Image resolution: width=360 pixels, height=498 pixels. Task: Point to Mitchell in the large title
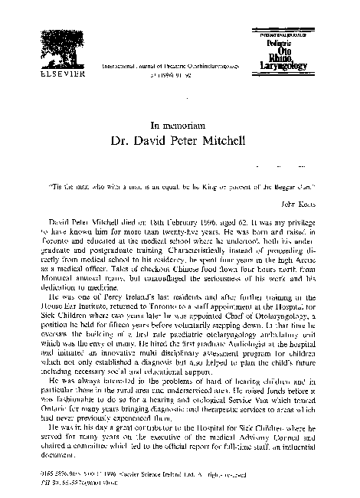click(x=237, y=142)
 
